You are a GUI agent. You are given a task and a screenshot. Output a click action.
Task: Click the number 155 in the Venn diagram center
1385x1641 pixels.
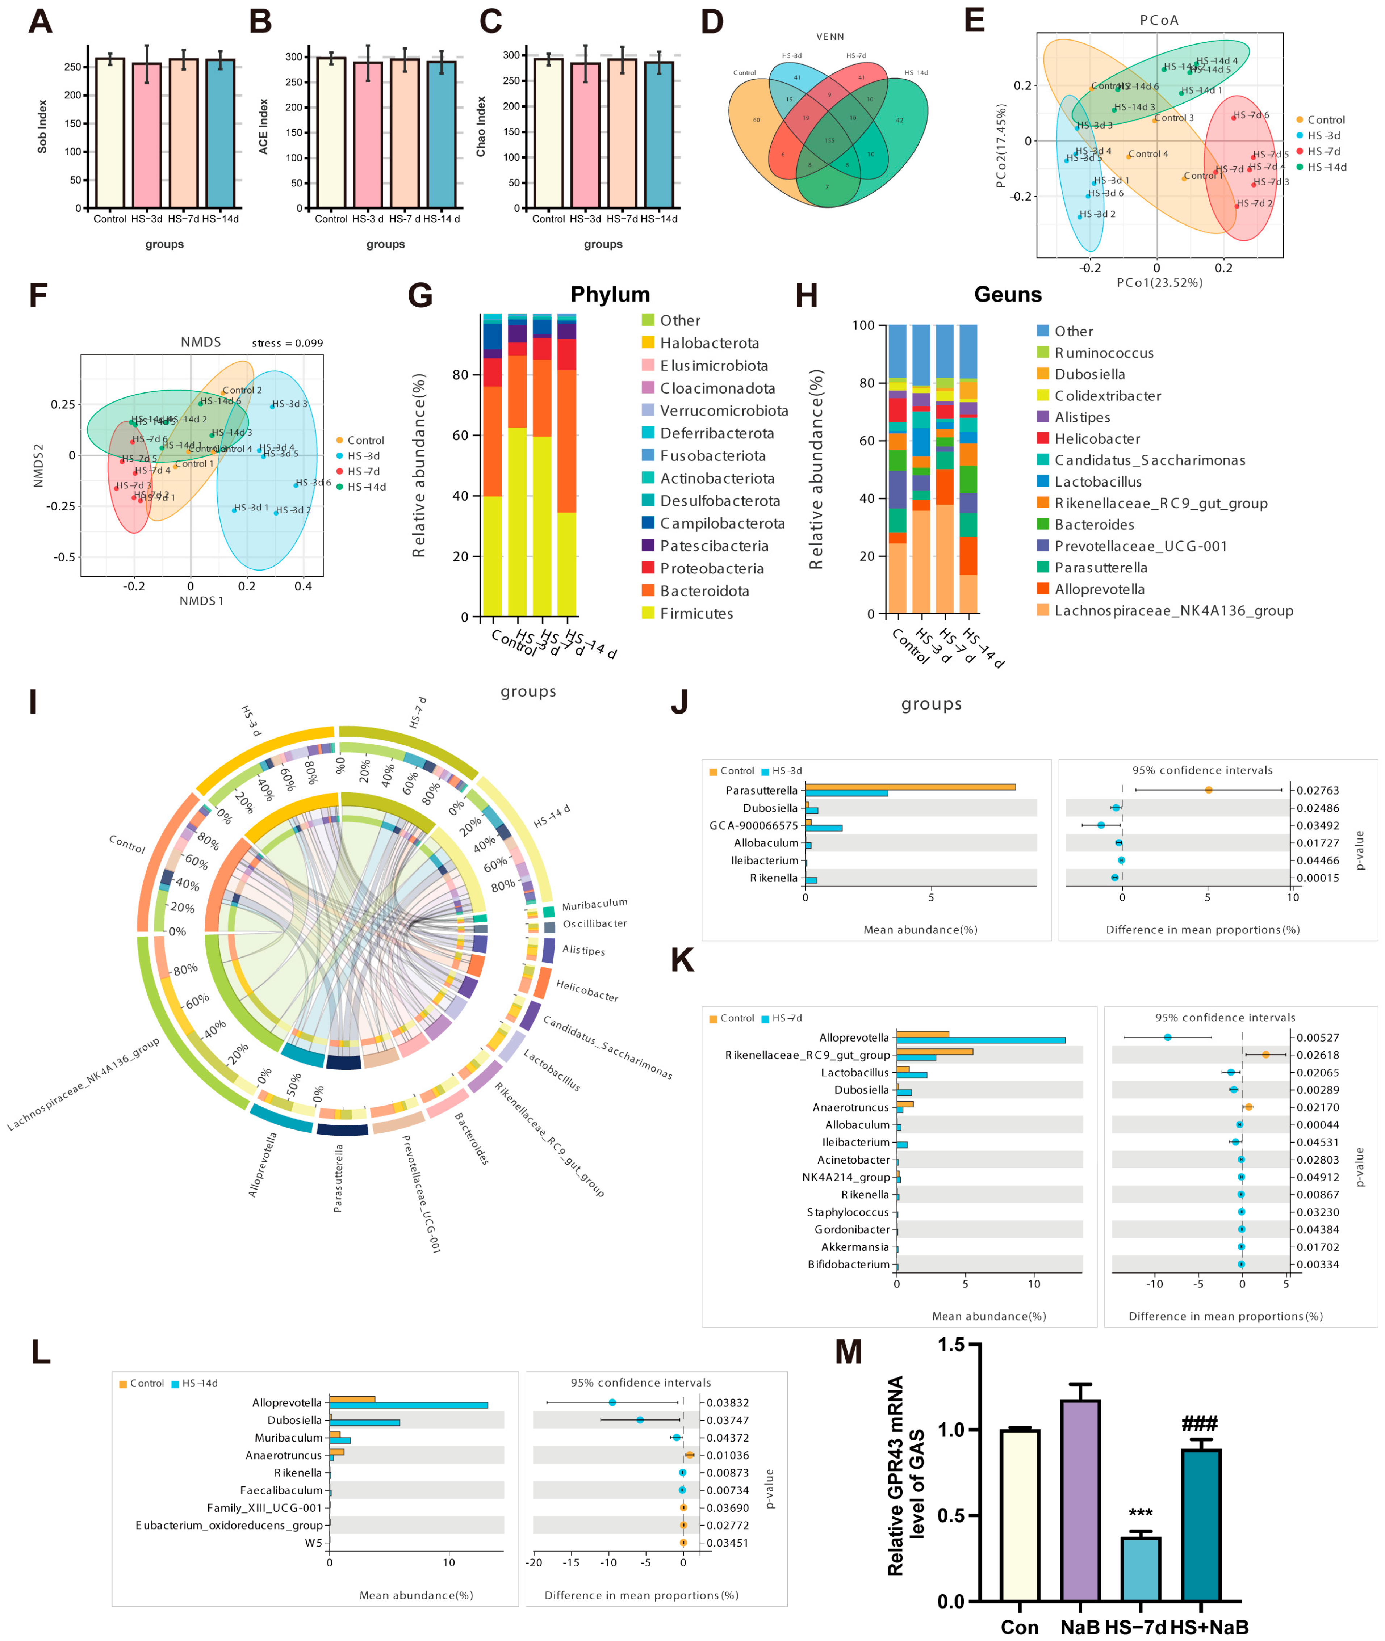point(829,140)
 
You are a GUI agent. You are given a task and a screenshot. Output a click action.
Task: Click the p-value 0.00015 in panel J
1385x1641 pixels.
point(1318,878)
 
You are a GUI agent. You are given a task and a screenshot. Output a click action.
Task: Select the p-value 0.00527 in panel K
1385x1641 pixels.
point(1318,1038)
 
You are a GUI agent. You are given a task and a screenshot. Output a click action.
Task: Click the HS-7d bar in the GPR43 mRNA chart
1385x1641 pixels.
point(1140,1570)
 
